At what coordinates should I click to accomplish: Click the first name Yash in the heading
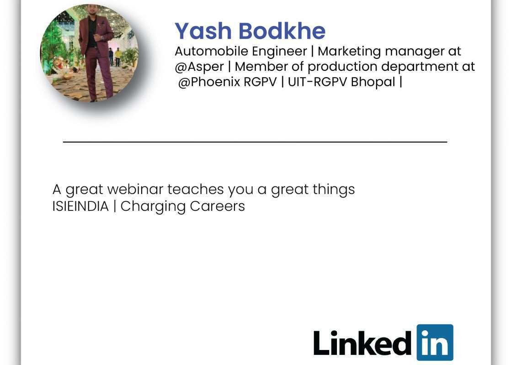tap(203, 31)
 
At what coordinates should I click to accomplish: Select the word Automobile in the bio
tap(211, 51)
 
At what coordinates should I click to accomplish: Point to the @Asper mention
tap(199, 67)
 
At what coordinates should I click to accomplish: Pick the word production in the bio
tap(342, 67)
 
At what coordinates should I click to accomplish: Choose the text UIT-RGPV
tap(317, 82)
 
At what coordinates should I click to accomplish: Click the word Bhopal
tap(373, 82)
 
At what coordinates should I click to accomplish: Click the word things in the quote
tap(334, 190)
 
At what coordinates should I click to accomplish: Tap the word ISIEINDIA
tap(80, 206)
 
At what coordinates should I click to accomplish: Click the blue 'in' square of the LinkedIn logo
tap(435, 342)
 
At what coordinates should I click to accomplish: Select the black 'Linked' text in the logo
tap(363, 343)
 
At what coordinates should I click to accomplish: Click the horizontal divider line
tap(255, 142)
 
